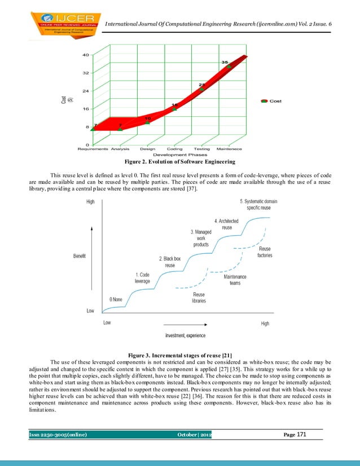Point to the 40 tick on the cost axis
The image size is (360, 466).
(85, 55)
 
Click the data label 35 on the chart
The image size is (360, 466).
(225, 62)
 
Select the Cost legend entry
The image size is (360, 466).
(271, 101)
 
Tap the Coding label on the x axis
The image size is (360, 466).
(174, 149)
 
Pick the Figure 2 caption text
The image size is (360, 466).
(180, 162)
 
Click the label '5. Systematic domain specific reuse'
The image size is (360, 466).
(259, 204)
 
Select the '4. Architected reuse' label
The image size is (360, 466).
(226, 224)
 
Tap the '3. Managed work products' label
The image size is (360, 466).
(201, 238)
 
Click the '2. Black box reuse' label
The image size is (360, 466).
(170, 262)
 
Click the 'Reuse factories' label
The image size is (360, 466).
(265, 252)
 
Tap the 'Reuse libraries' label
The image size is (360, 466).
(199, 297)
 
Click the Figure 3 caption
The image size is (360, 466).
(180, 354)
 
